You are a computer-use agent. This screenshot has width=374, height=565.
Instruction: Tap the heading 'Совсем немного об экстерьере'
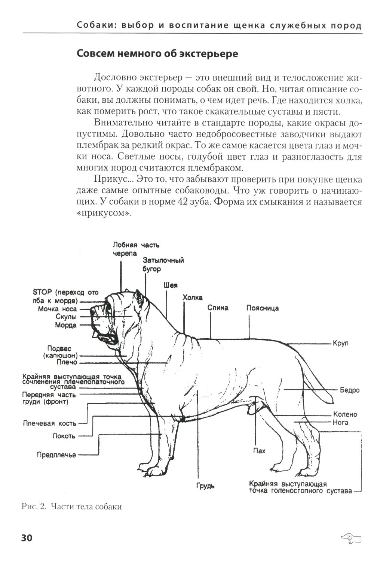(x=157, y=54)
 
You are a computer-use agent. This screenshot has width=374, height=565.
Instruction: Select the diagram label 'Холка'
(x=192, y=297)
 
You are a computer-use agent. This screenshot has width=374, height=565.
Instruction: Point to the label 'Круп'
(x=340, y=343)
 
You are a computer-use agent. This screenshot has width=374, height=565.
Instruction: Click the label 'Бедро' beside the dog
(x=349, y=390)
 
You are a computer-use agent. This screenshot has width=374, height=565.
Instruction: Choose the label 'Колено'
(x=345, y=414)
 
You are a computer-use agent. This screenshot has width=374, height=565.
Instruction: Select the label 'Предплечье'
(x=56, y=455)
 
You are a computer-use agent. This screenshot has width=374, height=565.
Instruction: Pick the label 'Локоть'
(x=64, y=436)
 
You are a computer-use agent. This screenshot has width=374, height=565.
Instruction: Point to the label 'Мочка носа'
(x=57, y=309)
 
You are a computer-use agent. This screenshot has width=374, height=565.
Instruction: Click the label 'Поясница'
(x=262, y=308)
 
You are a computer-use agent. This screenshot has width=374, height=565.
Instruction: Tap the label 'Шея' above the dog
(x=170, y=285)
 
